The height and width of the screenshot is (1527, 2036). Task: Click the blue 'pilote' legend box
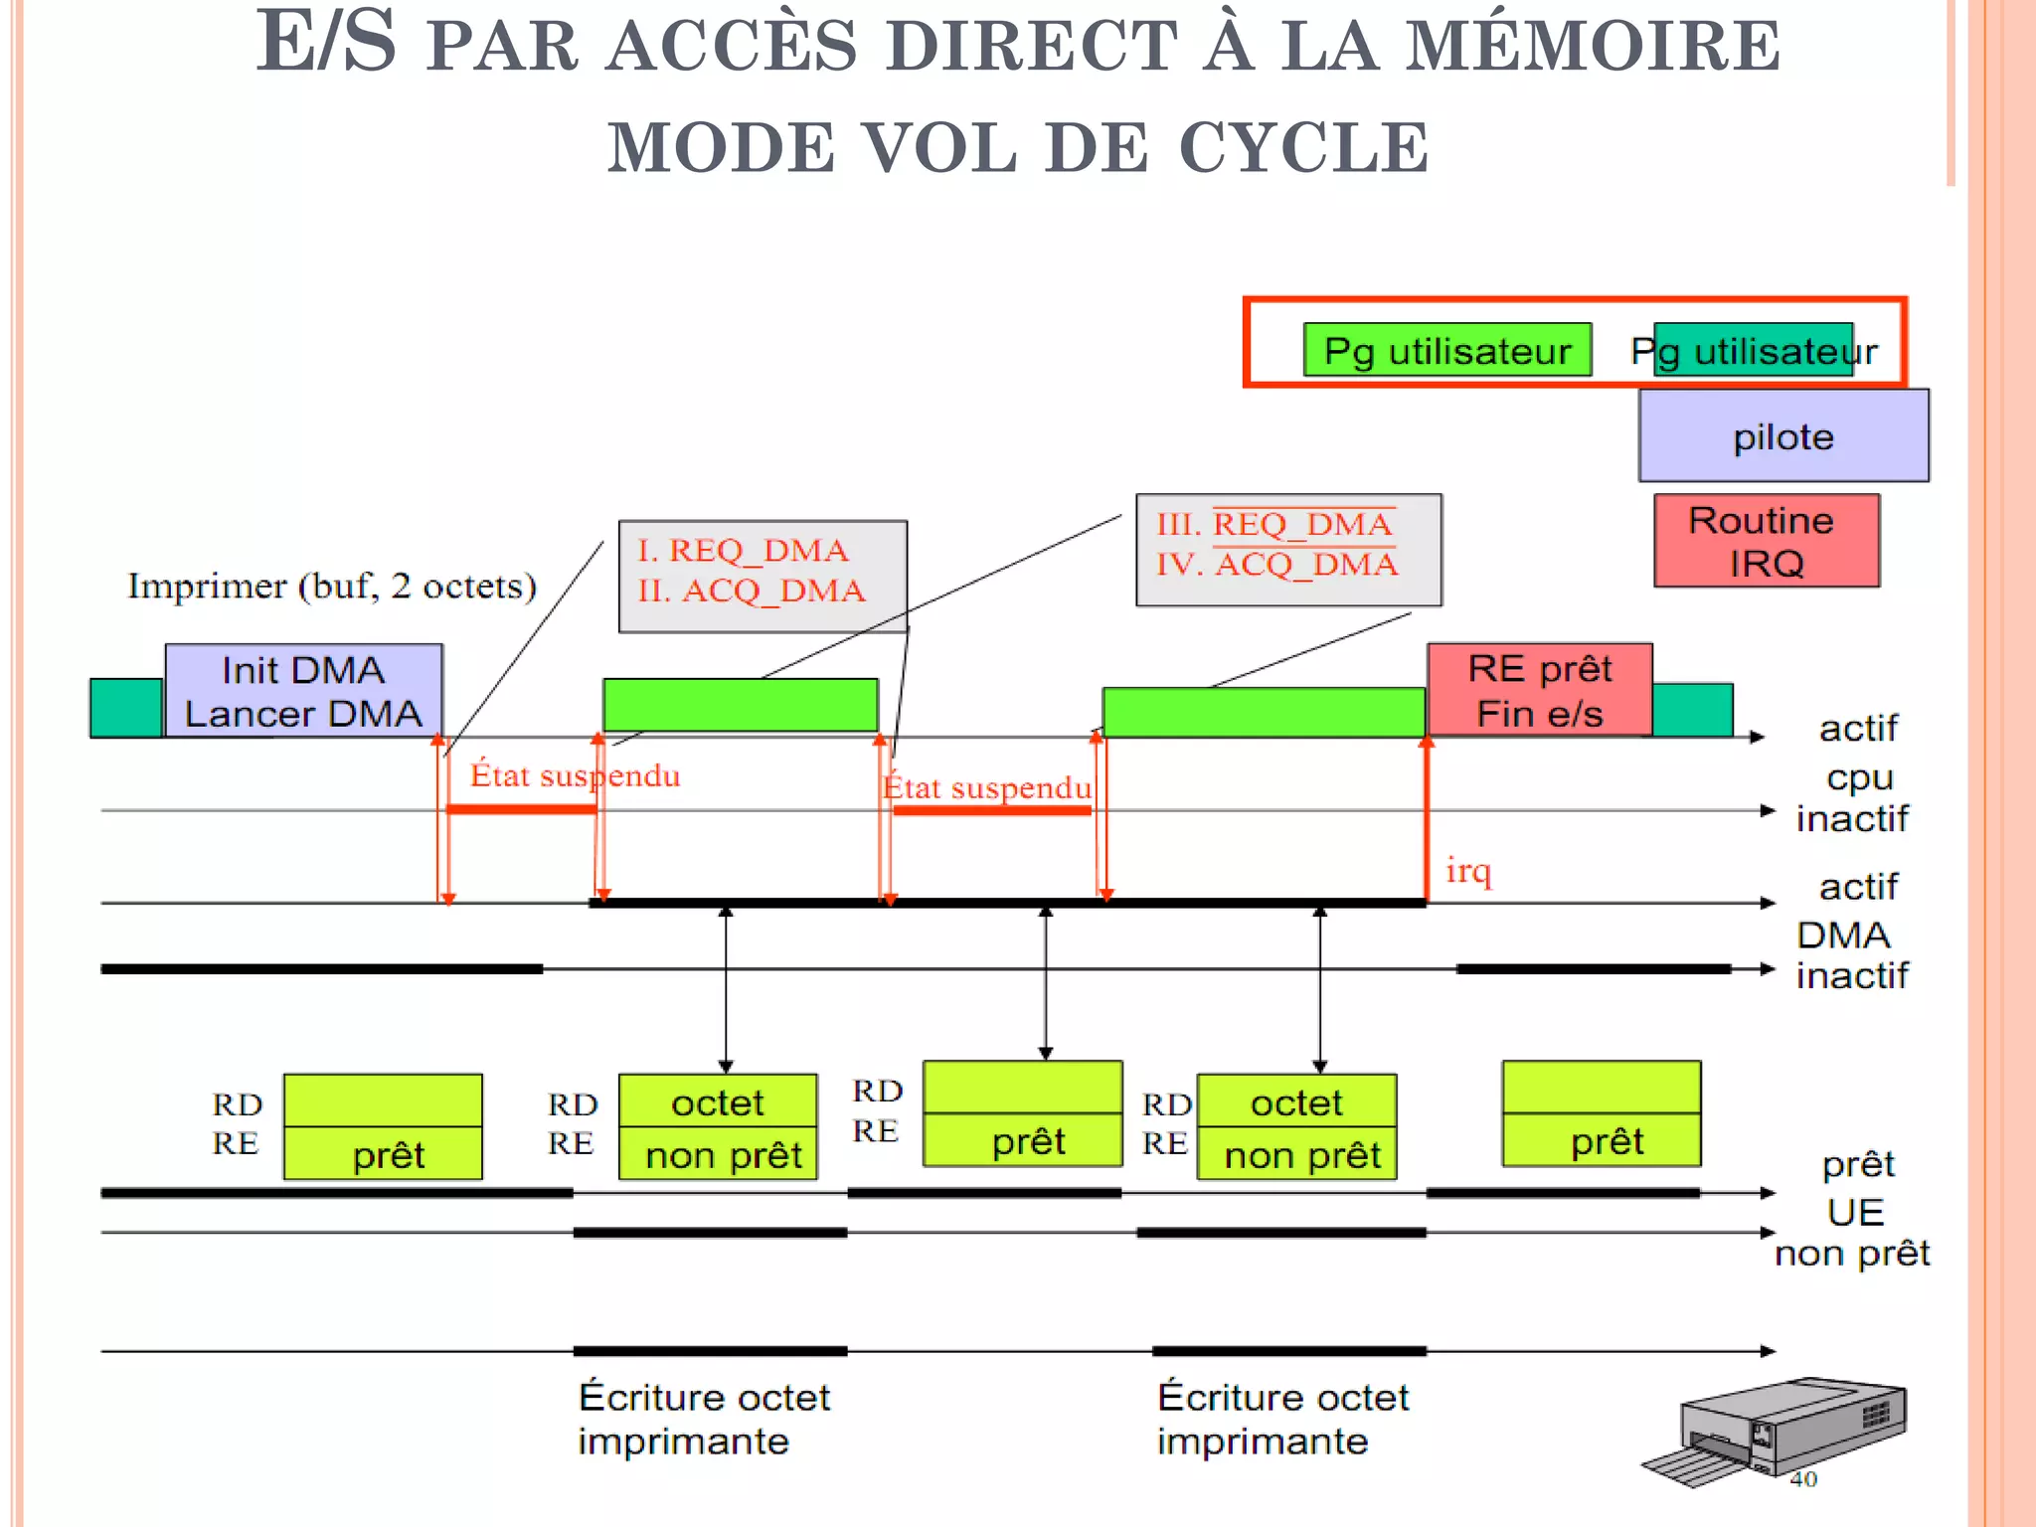(x=1783, y=436)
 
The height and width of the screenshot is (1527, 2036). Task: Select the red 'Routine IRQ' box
(x=1767, y=541)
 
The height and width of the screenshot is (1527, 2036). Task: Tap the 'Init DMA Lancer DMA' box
(x=303, y=691)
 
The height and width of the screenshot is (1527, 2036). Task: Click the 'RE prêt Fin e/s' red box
(x=1539, y=690)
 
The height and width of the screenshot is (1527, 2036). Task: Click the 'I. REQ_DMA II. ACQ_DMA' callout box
(x=763, y=576)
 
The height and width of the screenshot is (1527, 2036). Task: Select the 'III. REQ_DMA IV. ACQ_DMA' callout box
(x=1287, y=549)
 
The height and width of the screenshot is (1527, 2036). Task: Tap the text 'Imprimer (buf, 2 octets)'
(x=332, y=586)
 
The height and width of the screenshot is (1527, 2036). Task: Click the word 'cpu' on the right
(x=1859, y=777)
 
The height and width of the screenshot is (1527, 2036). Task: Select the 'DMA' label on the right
(x=1842, y=934)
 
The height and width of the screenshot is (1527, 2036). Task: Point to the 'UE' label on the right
(x=1855, y=1212)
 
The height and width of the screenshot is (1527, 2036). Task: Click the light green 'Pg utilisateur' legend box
(x=1446, y=350)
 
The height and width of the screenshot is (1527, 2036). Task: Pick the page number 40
(x=1803, y=1479)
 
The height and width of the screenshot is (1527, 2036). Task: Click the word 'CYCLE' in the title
(x=1303, y=147)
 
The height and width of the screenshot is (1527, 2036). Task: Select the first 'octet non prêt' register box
(x=718, y=1126)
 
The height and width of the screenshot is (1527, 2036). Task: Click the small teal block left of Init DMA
(x=126, y=707)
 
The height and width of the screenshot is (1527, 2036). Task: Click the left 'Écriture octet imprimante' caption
(x=703, y=1419)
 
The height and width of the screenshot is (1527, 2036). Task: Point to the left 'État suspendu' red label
(x=575, y=774)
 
